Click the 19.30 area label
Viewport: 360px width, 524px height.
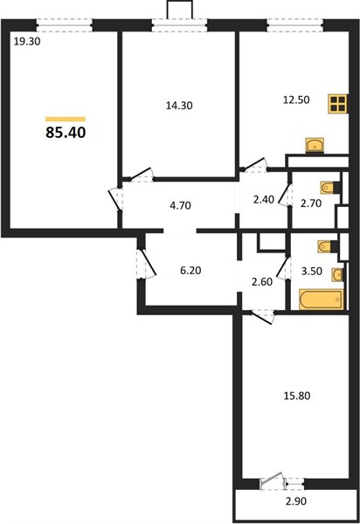click(x=27, y=42)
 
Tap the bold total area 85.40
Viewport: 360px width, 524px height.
click(x=66, y=133)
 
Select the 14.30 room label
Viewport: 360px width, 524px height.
click(x=179, y=106)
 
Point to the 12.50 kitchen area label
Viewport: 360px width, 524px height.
click(x=296, y=100)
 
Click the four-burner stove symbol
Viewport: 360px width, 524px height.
click(x=338, y=103)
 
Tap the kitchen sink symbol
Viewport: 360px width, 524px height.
click(x=315, y=145)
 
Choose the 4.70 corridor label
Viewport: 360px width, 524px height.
click(x=181, y=205)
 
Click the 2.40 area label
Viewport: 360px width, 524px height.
click(x=264, y=200)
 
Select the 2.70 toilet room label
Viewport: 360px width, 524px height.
click(x=311, y=203)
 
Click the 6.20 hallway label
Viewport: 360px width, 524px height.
click(x=190, y=270)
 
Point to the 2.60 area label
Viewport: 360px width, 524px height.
click(x=263, y=282)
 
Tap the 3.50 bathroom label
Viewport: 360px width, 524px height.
click(x=312, y=271)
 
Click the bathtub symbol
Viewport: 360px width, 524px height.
click(x=322, y=299)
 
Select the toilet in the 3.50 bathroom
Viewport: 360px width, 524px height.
click(x=328, y=246)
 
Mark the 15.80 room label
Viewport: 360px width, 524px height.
click(x=297, y=396)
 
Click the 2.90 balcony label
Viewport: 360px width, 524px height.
click(x=296, y=501)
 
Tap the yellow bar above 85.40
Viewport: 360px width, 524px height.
click(x=66, y=119)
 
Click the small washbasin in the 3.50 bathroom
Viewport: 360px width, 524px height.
click(x=337, y=275)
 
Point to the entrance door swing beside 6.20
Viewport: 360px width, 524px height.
click(x=147, y=264)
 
